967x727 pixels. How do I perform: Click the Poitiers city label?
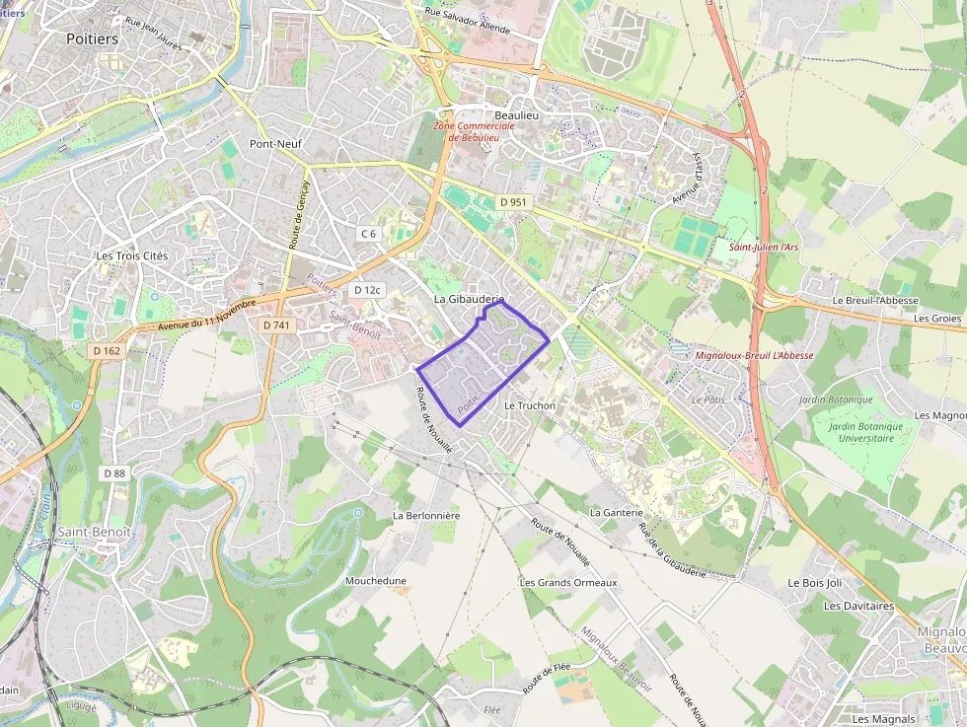click(x=92, y=38)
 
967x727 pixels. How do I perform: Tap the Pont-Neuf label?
click(x=275, y=144)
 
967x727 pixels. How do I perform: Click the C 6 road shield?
click(x=368, y=234)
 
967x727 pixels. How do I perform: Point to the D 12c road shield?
click(x=367, y=290)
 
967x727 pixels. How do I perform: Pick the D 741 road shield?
click(x=277, y=325)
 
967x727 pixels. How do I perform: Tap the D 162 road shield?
click(x=107, y=350)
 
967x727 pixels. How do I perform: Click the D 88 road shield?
click(x=114, y=473)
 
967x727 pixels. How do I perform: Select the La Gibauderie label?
click(x=469, y=298)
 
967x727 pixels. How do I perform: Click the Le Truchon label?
click(x=529, y=405)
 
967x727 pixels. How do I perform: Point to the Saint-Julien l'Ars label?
click(x=764, y=247)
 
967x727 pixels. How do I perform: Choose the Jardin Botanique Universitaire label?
click(x=854, y=432)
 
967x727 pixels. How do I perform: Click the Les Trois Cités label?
click(x=132, y=256)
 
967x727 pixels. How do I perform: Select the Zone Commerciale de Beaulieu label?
click(x=474, y=132)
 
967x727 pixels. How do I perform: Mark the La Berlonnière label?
click(x=426, y=515)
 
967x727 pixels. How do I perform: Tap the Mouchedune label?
click(x=375, y=581)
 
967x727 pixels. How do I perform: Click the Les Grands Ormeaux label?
click(x=567, y=583)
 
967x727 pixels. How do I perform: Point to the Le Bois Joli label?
click(x=814, y=583)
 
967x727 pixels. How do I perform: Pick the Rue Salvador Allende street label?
click(x=467, y=21)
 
